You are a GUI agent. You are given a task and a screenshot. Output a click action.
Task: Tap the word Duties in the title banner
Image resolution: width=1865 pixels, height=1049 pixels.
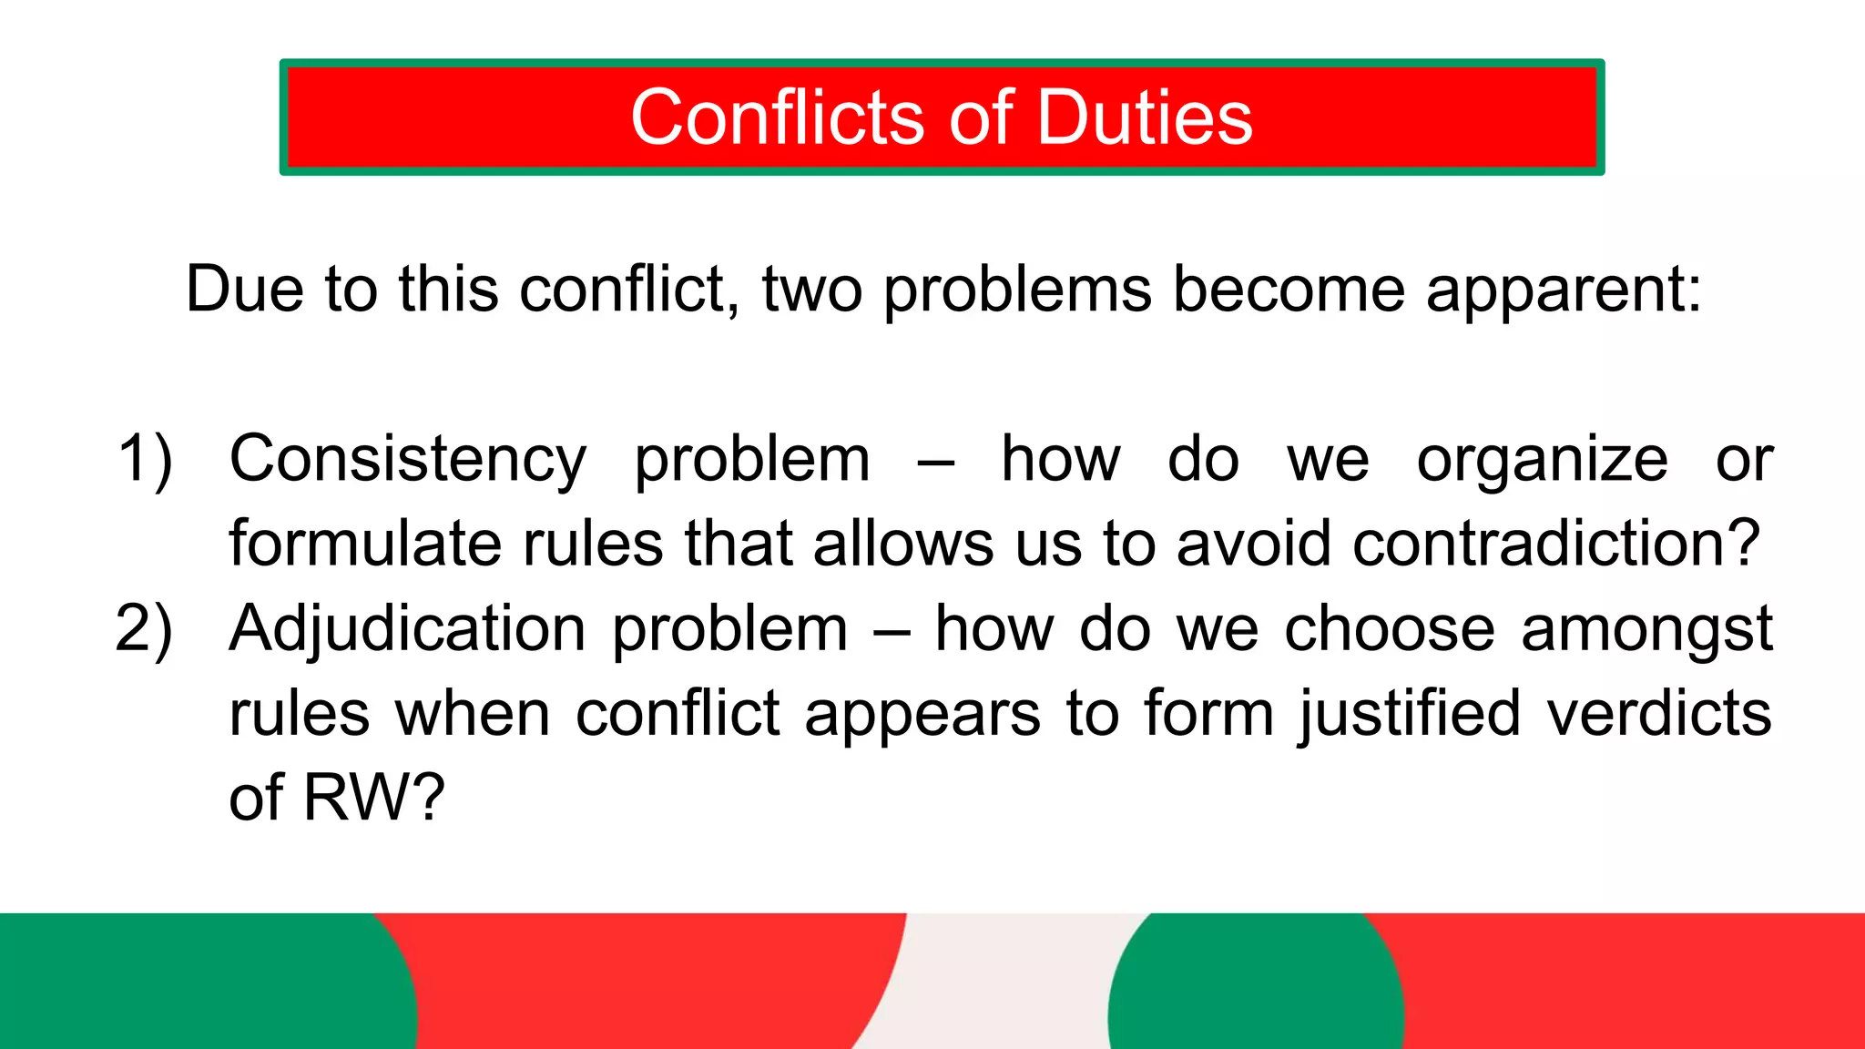pyautogui.click(x=1145, y=117)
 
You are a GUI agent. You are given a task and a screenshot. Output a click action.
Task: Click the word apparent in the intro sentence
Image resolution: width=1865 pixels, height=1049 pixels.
pyautogui.click(x=1563, y=290)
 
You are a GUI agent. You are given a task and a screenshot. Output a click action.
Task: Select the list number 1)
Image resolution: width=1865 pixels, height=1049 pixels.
pyautogui.click(x=145, y=459)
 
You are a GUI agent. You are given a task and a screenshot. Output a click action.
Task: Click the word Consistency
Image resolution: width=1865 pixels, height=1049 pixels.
pyautogui.click(x=407, y=460)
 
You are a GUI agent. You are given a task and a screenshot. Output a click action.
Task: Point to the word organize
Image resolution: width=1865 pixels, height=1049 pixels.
pyautogui.click(x=1542, y=460)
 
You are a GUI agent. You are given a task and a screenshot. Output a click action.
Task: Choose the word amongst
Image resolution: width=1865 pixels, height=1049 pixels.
pyautogui.click(x=1646, y=629)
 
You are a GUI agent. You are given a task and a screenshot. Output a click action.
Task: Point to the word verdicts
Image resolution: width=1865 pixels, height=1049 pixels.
pyautogui.click(x=1659, y=713)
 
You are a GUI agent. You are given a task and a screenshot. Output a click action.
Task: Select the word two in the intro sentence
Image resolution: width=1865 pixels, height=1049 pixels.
pyautogui.click(x=811, y=290)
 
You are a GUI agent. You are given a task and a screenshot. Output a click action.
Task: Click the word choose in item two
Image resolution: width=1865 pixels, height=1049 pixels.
pyautogui.click(x=1389, y=629)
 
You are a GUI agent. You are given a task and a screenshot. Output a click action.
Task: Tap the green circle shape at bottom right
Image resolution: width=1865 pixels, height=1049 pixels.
pyautogui.click(x=1255, y=988)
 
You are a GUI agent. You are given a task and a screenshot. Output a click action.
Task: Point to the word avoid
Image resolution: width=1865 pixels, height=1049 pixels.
pyautogui.click(x=1254, y=544)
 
